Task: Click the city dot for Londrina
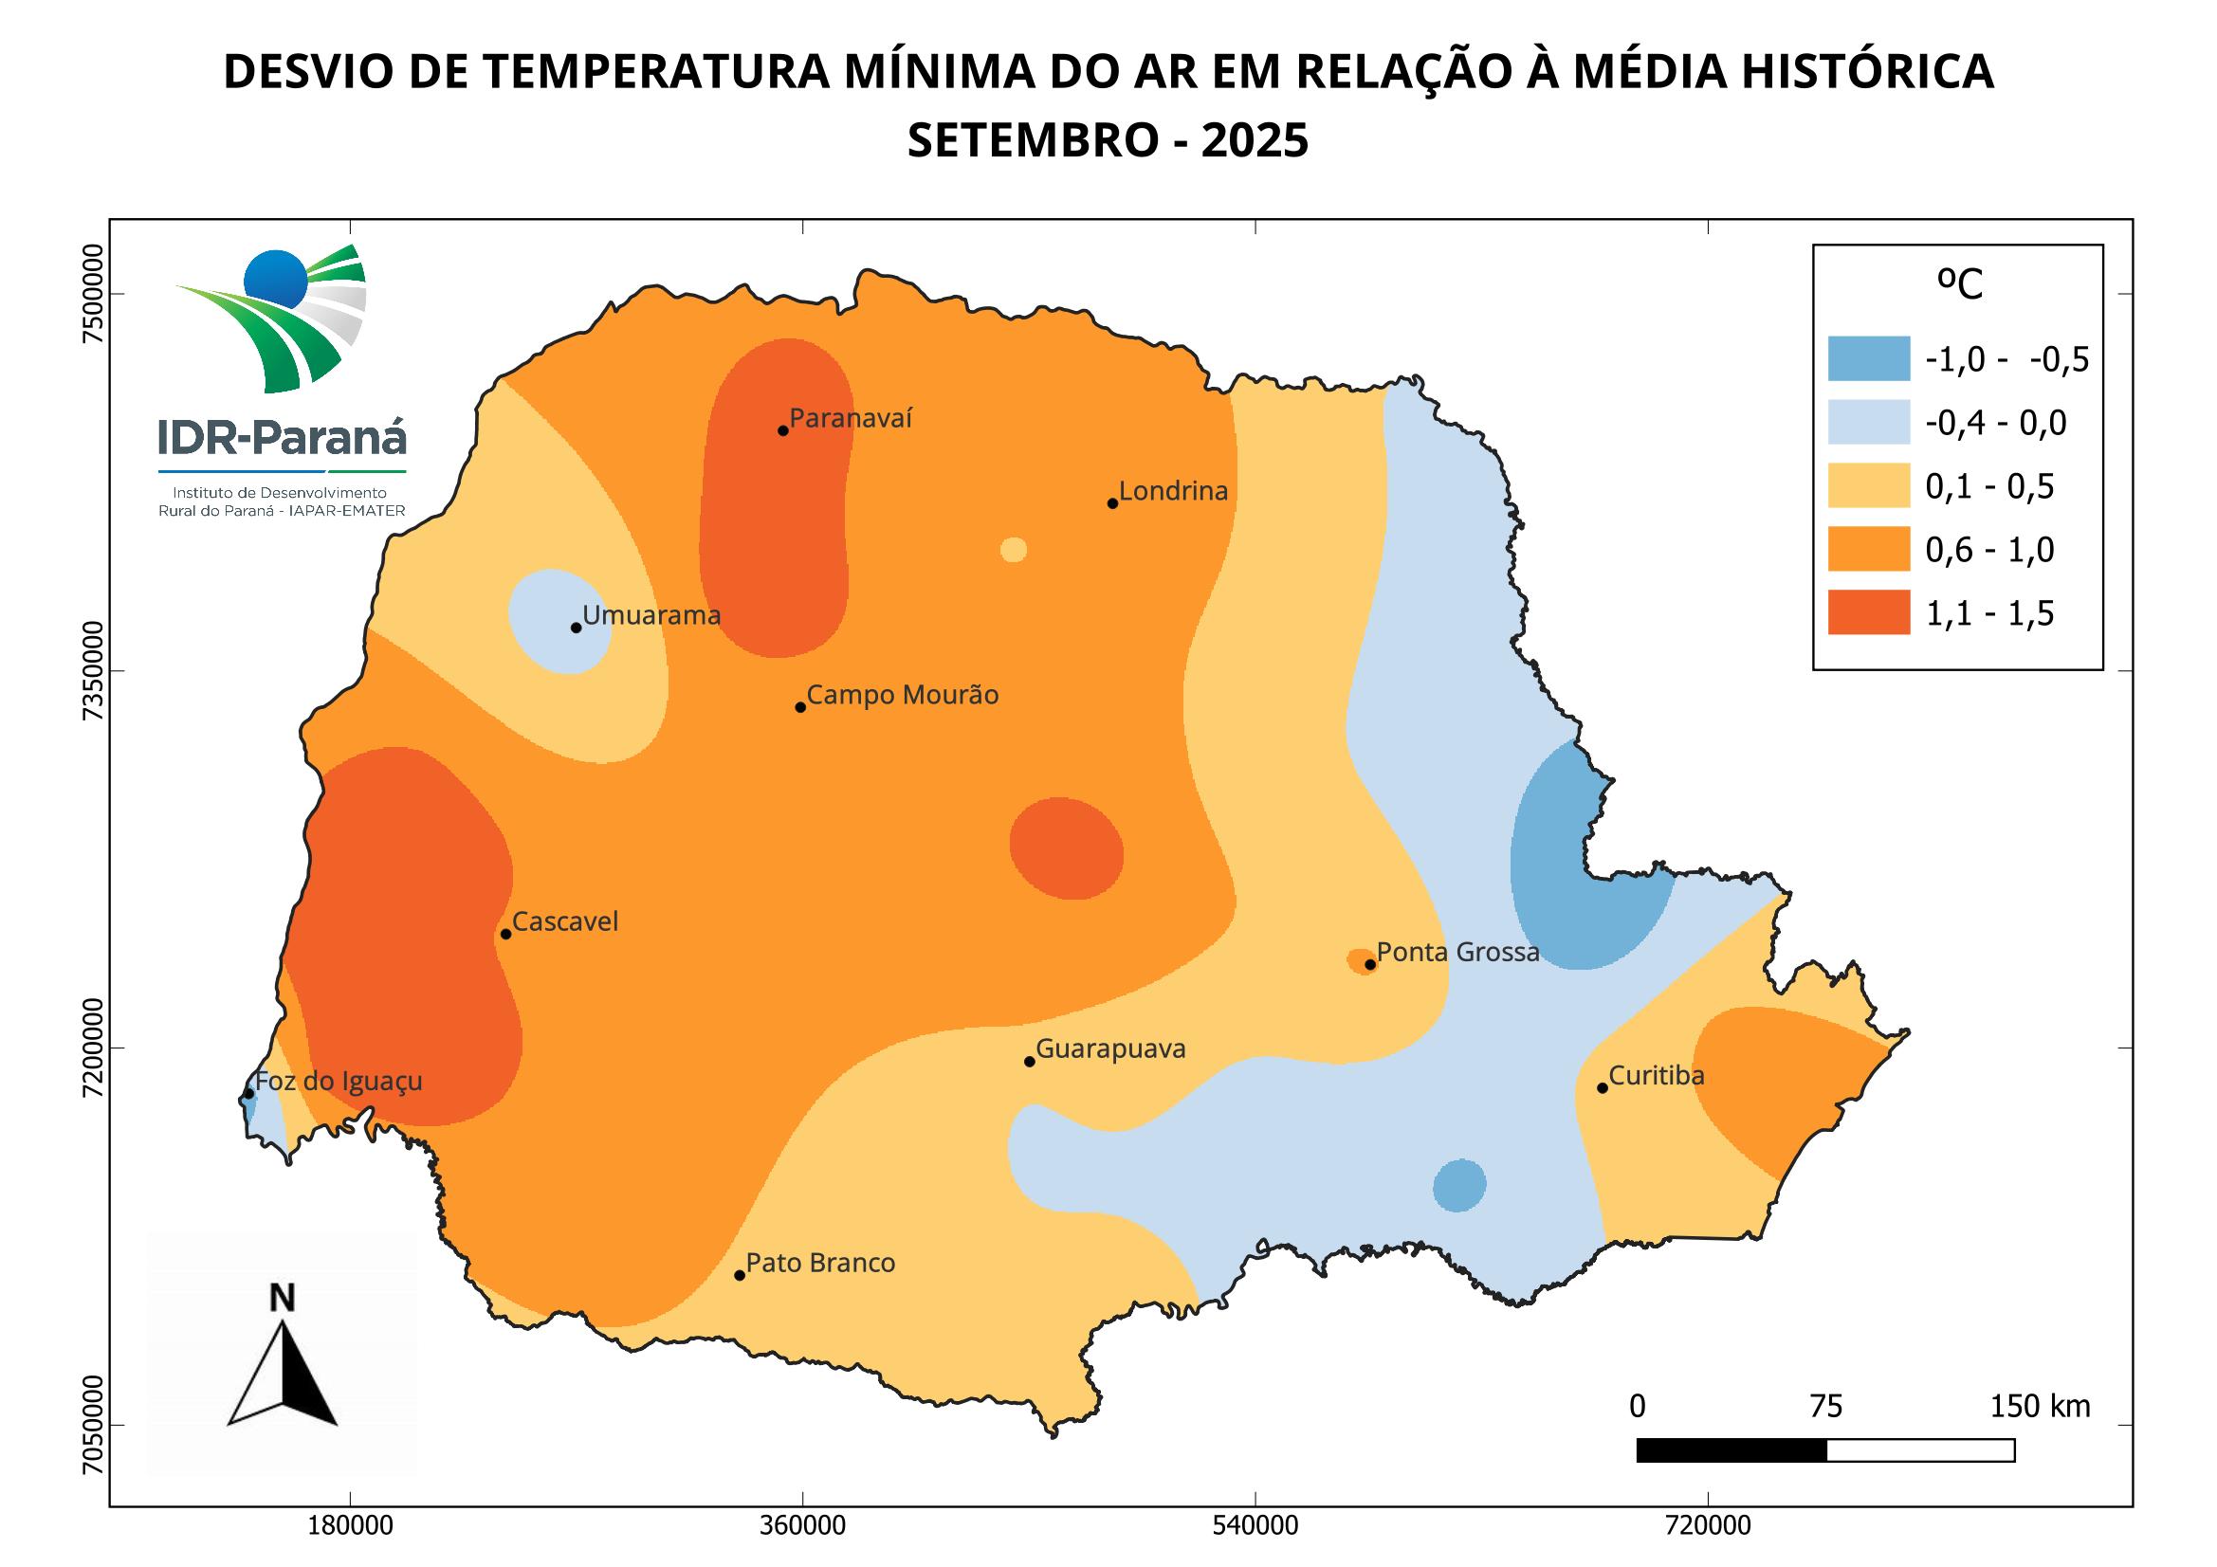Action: tap(1112, 503)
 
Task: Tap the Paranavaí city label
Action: tap(851, 419)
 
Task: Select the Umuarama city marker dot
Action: tap(577, 628)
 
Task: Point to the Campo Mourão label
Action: tap(902, 695)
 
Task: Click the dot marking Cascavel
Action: tap(506, 934)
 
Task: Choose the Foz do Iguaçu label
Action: tap(339, 1081)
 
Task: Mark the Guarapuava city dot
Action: tap(1030, 1062)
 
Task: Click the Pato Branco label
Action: tap(821, 1263)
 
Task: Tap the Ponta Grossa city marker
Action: tap(1370, 964)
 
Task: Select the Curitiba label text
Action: tap(1656, 1076)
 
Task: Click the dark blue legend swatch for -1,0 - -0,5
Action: tap(1868, 359)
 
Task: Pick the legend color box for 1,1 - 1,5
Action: tap(1868, 613)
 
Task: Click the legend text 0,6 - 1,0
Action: tap(1989, 551)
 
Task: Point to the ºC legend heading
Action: tap(1959, 283)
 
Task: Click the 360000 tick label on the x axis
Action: tap(803, 1526)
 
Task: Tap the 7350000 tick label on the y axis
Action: tap(93, 671)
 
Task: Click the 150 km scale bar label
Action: tap(2040, 1407)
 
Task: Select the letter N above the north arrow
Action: tap(282, 1300)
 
